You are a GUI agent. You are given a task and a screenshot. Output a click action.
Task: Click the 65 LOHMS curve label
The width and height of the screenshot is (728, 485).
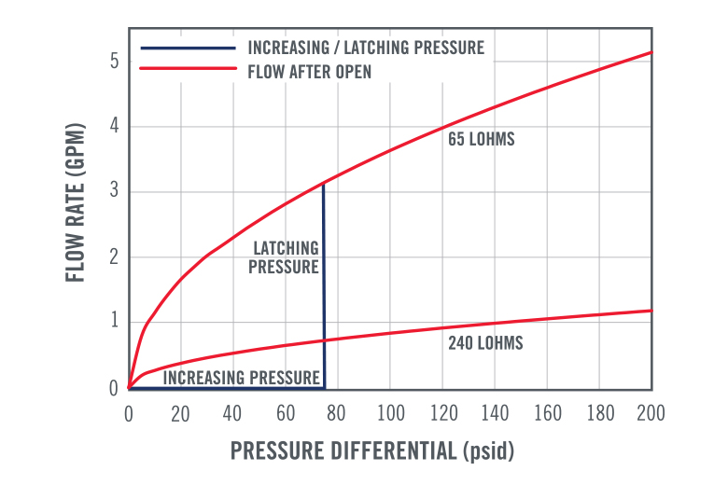(481, 141)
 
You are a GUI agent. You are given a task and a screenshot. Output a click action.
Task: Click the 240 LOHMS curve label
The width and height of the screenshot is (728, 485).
(485, 343)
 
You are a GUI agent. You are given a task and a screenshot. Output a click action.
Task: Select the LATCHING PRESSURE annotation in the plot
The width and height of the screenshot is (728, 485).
(287, 257)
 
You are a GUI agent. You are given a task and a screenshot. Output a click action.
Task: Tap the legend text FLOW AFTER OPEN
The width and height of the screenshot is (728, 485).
(310, 71)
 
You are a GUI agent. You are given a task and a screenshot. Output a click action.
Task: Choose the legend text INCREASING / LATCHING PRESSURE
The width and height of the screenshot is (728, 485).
(366, 48)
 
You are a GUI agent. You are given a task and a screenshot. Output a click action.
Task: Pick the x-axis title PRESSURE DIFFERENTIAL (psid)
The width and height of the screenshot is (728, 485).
(371, 450)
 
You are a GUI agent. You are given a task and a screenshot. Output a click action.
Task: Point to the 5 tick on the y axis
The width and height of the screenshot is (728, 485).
(115, 62)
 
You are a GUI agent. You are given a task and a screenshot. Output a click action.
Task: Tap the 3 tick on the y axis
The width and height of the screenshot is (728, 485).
(115, 192)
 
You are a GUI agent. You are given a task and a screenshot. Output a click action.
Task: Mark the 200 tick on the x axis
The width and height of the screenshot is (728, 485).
(651, 412)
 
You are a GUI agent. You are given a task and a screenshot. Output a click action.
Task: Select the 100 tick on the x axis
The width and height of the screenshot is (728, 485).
(390, 412)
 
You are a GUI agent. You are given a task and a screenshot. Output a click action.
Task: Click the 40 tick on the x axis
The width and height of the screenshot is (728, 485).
(232, 412)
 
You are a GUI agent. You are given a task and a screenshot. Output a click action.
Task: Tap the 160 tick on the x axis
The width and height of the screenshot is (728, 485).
(547, 412)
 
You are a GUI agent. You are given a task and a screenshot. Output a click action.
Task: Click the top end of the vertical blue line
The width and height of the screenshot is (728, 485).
(323, 183)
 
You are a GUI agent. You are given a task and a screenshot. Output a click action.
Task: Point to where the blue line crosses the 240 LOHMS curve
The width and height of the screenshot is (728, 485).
(324, 340)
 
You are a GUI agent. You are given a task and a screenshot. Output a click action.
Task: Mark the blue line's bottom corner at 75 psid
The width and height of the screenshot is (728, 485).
(324, 388)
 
